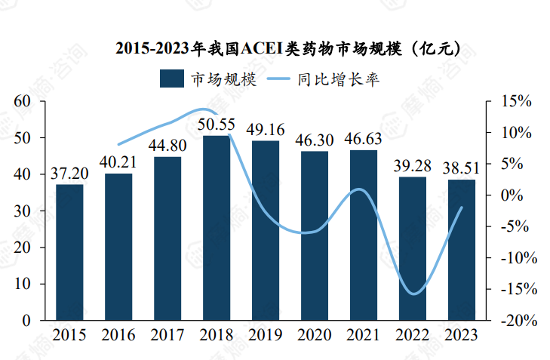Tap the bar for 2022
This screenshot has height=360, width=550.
(413, 248)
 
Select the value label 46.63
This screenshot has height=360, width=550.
(364, 139)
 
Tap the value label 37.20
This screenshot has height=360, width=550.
(69, 173)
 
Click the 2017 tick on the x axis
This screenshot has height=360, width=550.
(167, 334)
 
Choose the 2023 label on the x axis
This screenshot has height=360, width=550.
(462, 334)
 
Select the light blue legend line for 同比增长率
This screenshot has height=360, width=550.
(276, 78)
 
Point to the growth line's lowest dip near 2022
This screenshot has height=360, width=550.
(413, 294)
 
